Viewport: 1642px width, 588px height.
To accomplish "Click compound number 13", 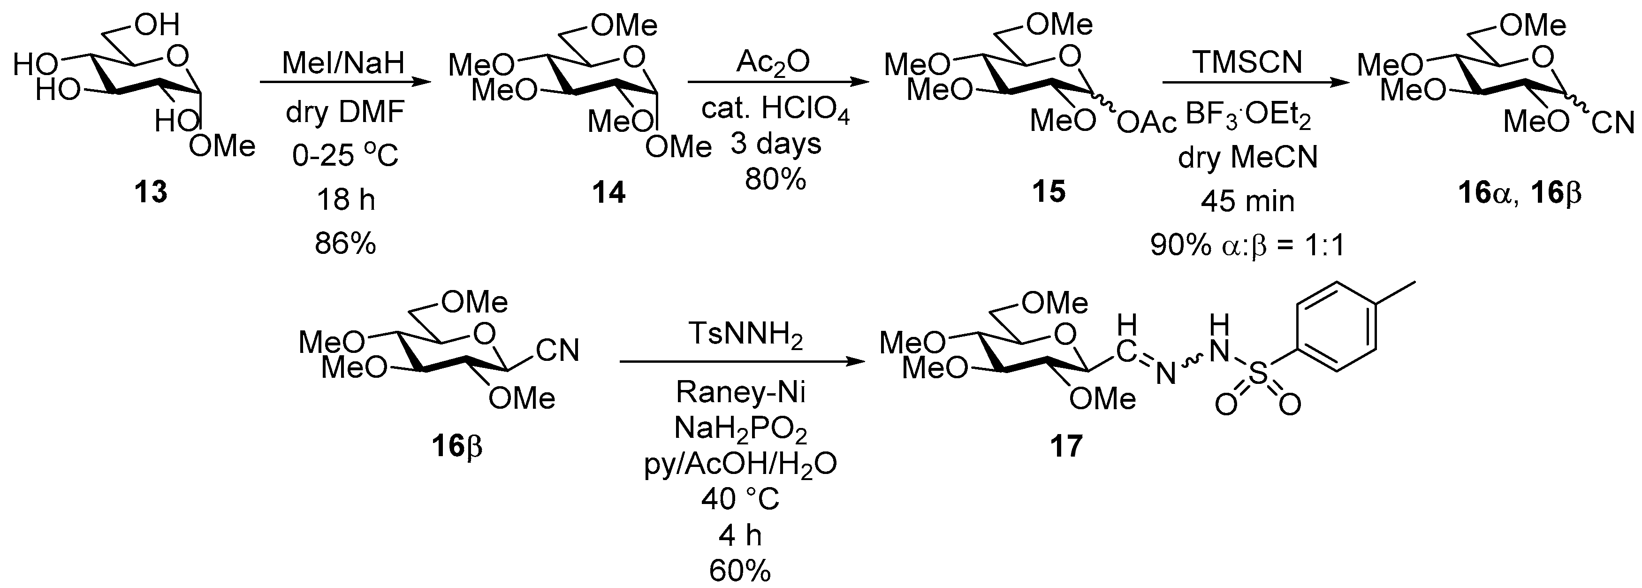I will (151, 192).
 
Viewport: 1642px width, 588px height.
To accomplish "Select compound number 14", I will (609, 192).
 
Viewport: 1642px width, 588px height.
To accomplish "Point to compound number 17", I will (1066, 446).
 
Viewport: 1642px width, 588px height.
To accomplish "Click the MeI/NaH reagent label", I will (344, 64).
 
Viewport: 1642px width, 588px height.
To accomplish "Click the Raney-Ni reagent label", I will (741, 391).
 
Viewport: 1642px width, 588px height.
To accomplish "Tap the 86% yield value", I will (345, 243).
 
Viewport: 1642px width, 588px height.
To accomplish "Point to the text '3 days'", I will (776, 144).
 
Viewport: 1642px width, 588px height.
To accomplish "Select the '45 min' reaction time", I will (1247, 201).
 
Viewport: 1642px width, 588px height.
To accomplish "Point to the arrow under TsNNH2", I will (741, 362).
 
